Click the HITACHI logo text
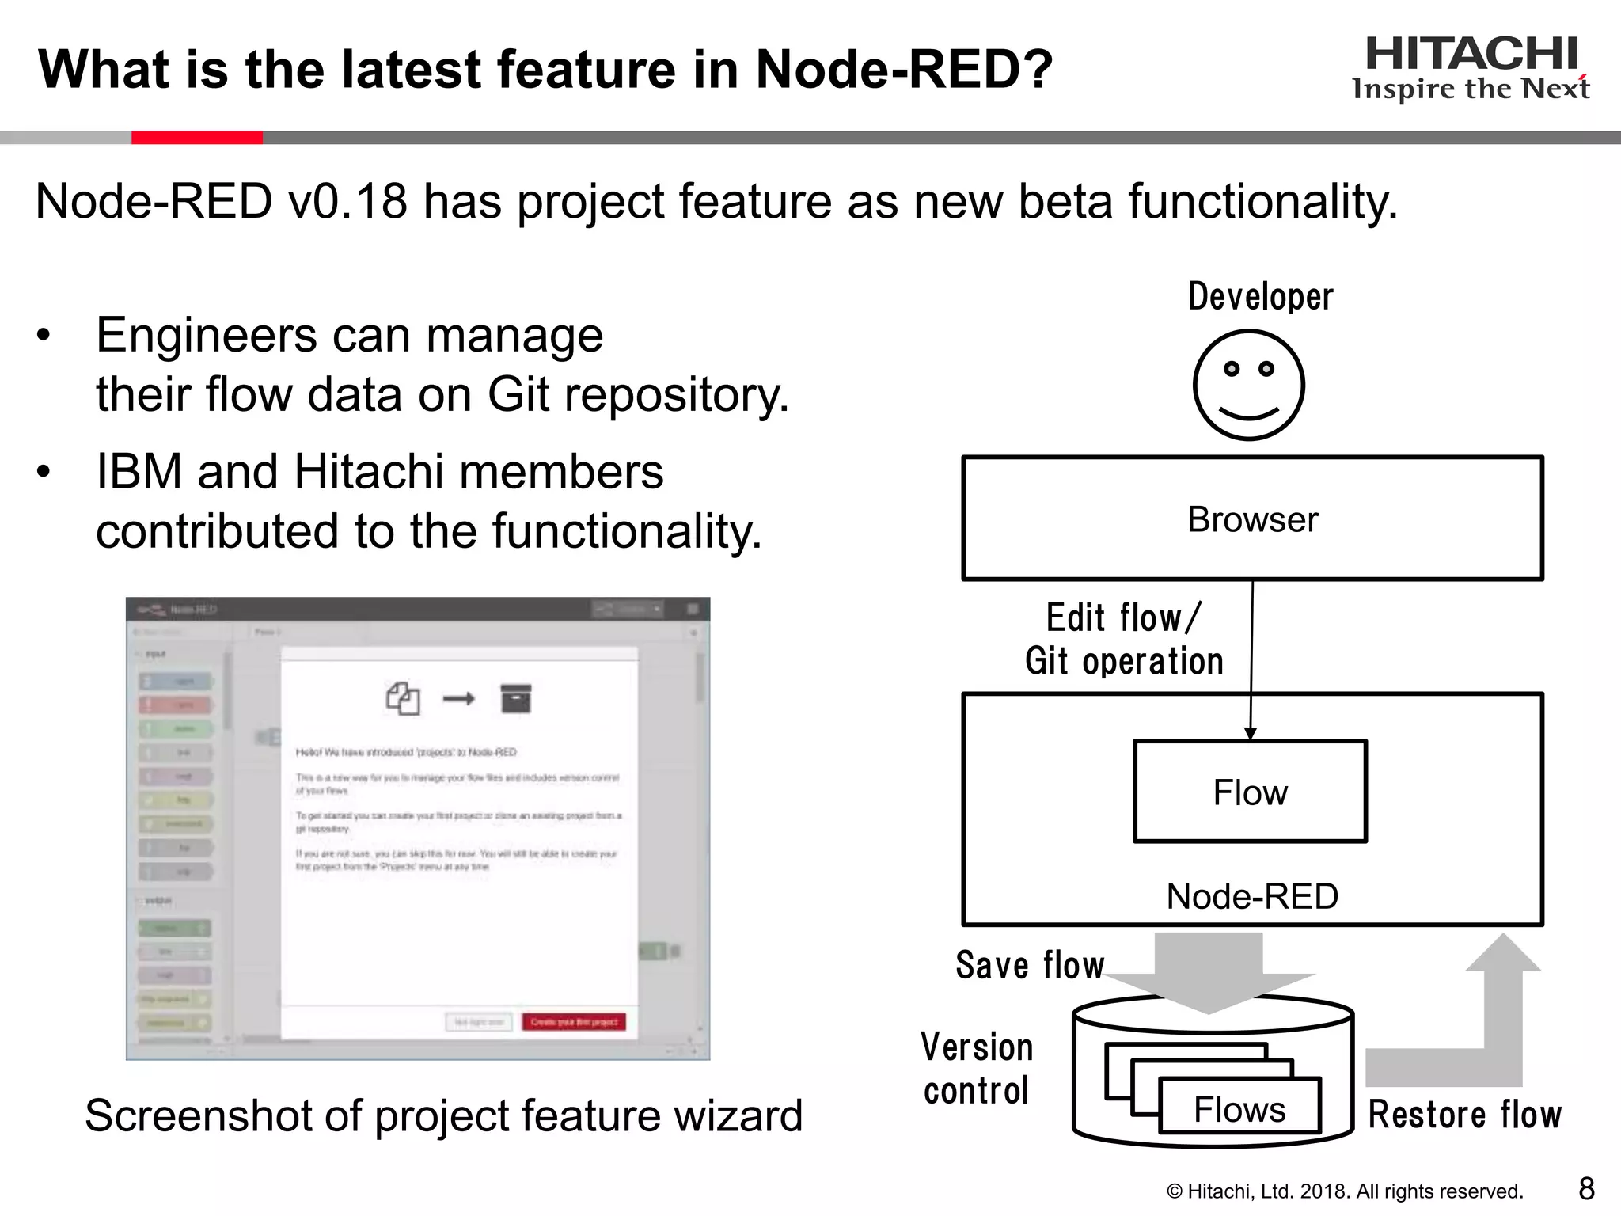click(1471, 54)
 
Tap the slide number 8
click(1586, 1188)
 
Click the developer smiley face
click(1248, 386)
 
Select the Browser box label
click(1252, 520)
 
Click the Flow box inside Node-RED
click(1250, 792)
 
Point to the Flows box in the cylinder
click(1239, 1108)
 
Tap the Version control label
click(977, 1069)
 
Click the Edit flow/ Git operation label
click(1124, 640)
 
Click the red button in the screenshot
click(574, 1022)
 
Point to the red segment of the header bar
click(196, 138)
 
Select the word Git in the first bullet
click(518, 394)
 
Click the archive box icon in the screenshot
click(516, 698)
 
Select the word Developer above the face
click(1260, 297)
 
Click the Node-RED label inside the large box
click(1252, 897)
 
